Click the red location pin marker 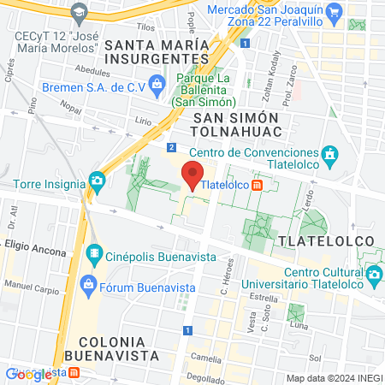point(192,175)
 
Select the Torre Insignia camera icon point(98,181)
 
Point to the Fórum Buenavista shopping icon point(87,284)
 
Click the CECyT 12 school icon point(80,12)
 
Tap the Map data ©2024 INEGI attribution point(334,378)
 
